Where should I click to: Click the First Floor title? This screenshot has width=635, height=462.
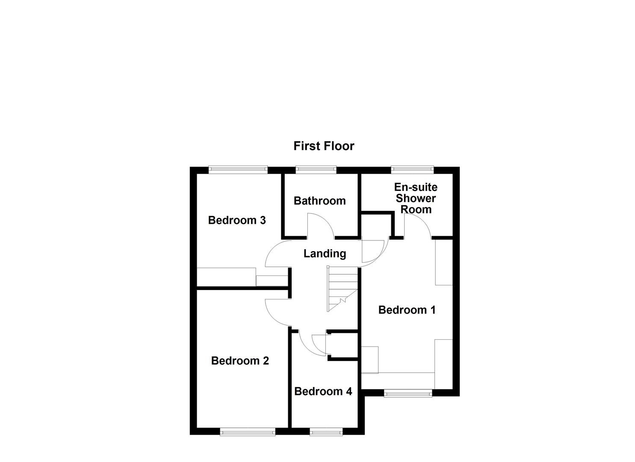point(324,146)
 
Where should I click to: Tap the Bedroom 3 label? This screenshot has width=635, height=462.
point(236,220)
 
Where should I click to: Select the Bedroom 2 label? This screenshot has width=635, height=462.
point(240,361)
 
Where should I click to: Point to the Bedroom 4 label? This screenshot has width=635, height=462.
point(323,391)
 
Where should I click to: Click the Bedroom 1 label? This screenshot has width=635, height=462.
point(407,310)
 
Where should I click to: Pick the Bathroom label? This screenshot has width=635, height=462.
point(319,201)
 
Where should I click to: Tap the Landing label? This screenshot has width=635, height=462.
point(325,254)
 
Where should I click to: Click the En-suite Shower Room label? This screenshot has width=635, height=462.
point(416,198)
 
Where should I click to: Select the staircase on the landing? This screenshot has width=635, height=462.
point(342,289)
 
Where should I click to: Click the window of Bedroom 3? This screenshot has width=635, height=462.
point(238,170)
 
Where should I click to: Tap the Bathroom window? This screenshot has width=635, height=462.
point(316,170)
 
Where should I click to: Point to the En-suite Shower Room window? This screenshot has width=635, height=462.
point(412,170)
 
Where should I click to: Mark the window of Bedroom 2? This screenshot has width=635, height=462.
point(248,432)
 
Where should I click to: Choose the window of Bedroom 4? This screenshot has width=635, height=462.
point(326,432)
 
